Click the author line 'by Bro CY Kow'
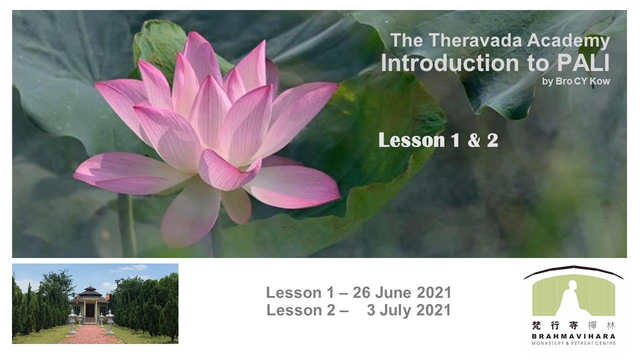(x=575, y=81)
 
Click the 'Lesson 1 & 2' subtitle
(x=438, y=140)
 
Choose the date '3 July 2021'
(x=408, y=310)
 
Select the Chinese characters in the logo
(x=573, y=325)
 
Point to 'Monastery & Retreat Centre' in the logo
(x=573, y=343)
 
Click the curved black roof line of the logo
(x=573, y=269)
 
